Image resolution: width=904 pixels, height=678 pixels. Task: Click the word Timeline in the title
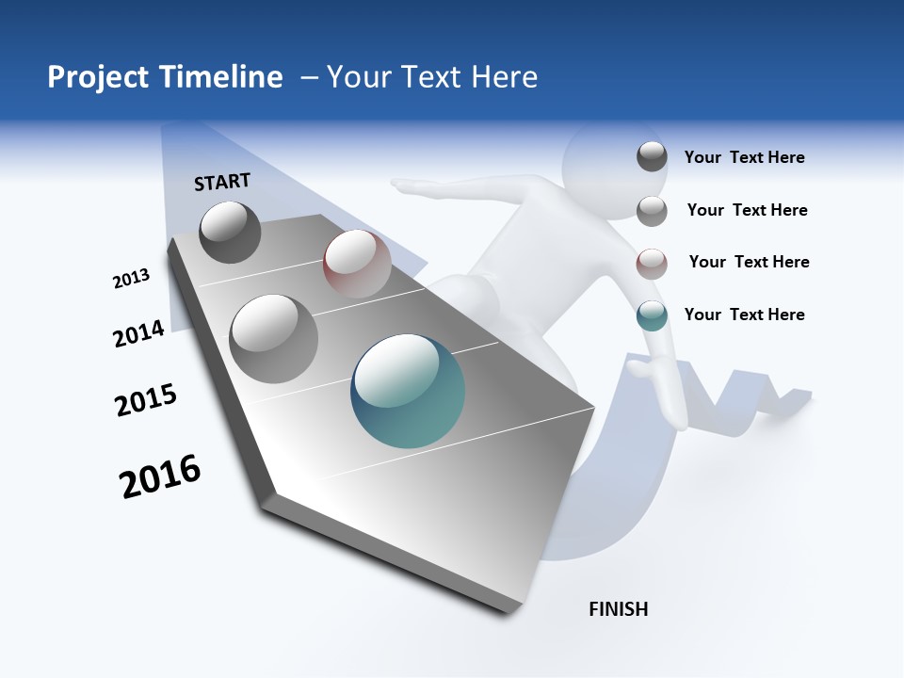pyautogui.click(x=221, y=77)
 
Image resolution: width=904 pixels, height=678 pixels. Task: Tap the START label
pyautogui.click(x=222, y=182)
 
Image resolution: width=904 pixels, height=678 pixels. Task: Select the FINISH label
pyautogui.click(x=618, y=609)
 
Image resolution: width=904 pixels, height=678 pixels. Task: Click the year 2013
pyautogui.click(x=132, y=279)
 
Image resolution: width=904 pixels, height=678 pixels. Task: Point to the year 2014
pyautogui.click(x=139, y=333)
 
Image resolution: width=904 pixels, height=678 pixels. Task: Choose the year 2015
pyautogui.click(x=146, y=400)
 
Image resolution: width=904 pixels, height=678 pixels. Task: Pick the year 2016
pyautogui.click(x=160, y=476)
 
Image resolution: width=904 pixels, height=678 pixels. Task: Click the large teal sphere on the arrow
pyautogui.click(x=408, y=391)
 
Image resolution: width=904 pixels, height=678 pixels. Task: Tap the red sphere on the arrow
pyautogui.click(x=357, y=263)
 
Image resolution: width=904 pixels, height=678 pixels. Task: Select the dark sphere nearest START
pyautogui.click(x=230, y=232)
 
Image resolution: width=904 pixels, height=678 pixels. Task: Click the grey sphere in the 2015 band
pyautogui.click(x=274, y=338)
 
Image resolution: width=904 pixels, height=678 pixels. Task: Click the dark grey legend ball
pyautogui.click(x=652, y=157)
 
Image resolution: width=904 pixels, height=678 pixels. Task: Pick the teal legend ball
pyautogui.click(x=652, y=315)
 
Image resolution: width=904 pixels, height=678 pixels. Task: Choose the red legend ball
pyautogui.click(x=652, y=264)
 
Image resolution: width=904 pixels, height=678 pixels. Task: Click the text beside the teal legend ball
pyautogui.click(x=744, y=315)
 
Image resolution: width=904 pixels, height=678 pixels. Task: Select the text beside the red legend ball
pyautogui.click(x=749, y=262)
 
